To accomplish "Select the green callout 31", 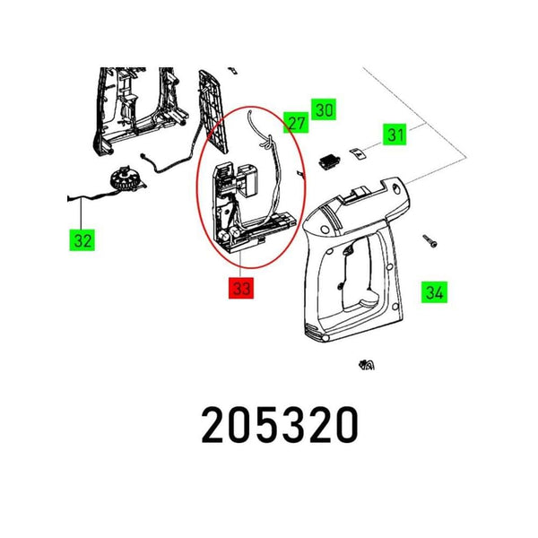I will [x=395, y=134].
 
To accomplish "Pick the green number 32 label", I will [x=82, y=240].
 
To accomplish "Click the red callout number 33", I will [x=240, y=288].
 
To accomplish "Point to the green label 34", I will [x=435, y=291].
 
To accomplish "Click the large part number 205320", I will [x=280, y=425].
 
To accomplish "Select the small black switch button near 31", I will [x=329, y=160].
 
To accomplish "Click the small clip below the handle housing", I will [x=366, y=365].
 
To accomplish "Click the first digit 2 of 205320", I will [x=215, y=425].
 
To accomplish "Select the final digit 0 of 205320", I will [x=345, y=425].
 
